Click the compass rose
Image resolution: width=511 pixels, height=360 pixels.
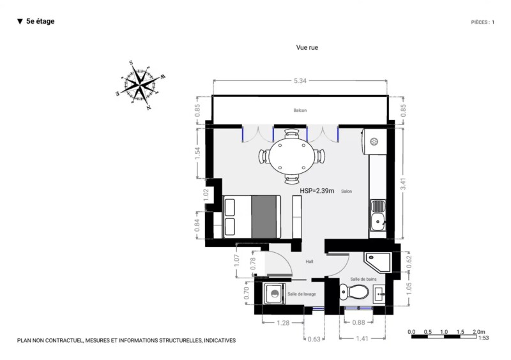[x=141, y=86]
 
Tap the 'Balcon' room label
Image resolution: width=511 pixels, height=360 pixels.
[x=300, y=110]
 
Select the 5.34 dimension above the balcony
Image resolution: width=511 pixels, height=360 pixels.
[x=300, y=81]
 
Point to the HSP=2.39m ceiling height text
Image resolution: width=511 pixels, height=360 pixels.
[x=317, y=191]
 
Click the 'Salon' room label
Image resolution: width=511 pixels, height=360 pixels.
[x=346, y=191]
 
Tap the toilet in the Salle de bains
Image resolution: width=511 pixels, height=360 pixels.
[x=354, y=292]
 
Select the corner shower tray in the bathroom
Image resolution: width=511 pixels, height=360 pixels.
[x=378, y=262]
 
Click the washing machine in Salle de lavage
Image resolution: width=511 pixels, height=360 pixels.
[x=275, y=294]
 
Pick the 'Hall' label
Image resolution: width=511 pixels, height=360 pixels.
[x=309, y=261]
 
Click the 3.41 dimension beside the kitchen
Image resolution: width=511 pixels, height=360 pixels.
[x=403, y=184]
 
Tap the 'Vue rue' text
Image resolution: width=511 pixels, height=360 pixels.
[x=307, y=48]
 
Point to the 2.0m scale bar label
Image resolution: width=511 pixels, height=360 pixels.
[x=479, y=332]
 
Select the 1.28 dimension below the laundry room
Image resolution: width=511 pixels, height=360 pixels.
[x=283, y=323]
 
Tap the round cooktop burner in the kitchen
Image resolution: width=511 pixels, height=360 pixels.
[x=374, y=142]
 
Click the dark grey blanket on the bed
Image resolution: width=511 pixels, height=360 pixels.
[x=264, y=216]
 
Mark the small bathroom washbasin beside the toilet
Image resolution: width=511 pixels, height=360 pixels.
[x=379, y=294]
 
